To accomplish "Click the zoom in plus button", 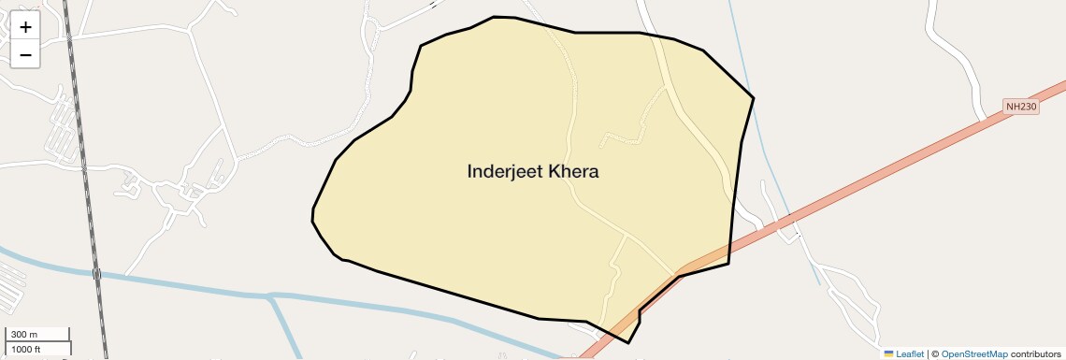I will pyautogui.click(x=25, y=27).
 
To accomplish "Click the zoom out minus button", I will pyautogui.click(x=25, y=55).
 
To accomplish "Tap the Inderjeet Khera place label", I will pyautogui.click(x=532, y=172).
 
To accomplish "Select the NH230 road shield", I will pyautogui.click(x=1021, y=108).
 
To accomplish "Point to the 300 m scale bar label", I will pyautogui.click(x=24, y=335).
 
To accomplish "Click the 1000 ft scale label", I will pyautogui.click(x=26, y=349).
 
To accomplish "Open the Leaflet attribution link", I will pyautogui.click(x=910, y=354).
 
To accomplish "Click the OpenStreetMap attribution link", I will pyautogui.click(x=973, y=354).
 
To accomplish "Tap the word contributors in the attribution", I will pyautogui.click(x=1036, y=354).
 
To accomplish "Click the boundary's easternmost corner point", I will pyautogui.click(x=754, y=97).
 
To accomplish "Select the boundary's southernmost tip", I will pyautogui.click(x=628, y=343).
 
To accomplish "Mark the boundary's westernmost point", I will pyautogui.click(x=312, y=217).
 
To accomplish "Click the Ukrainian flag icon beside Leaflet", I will pyautogui.click(x=888, y=354).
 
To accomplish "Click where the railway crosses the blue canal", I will pyautogui.click(x=96, y=274).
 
